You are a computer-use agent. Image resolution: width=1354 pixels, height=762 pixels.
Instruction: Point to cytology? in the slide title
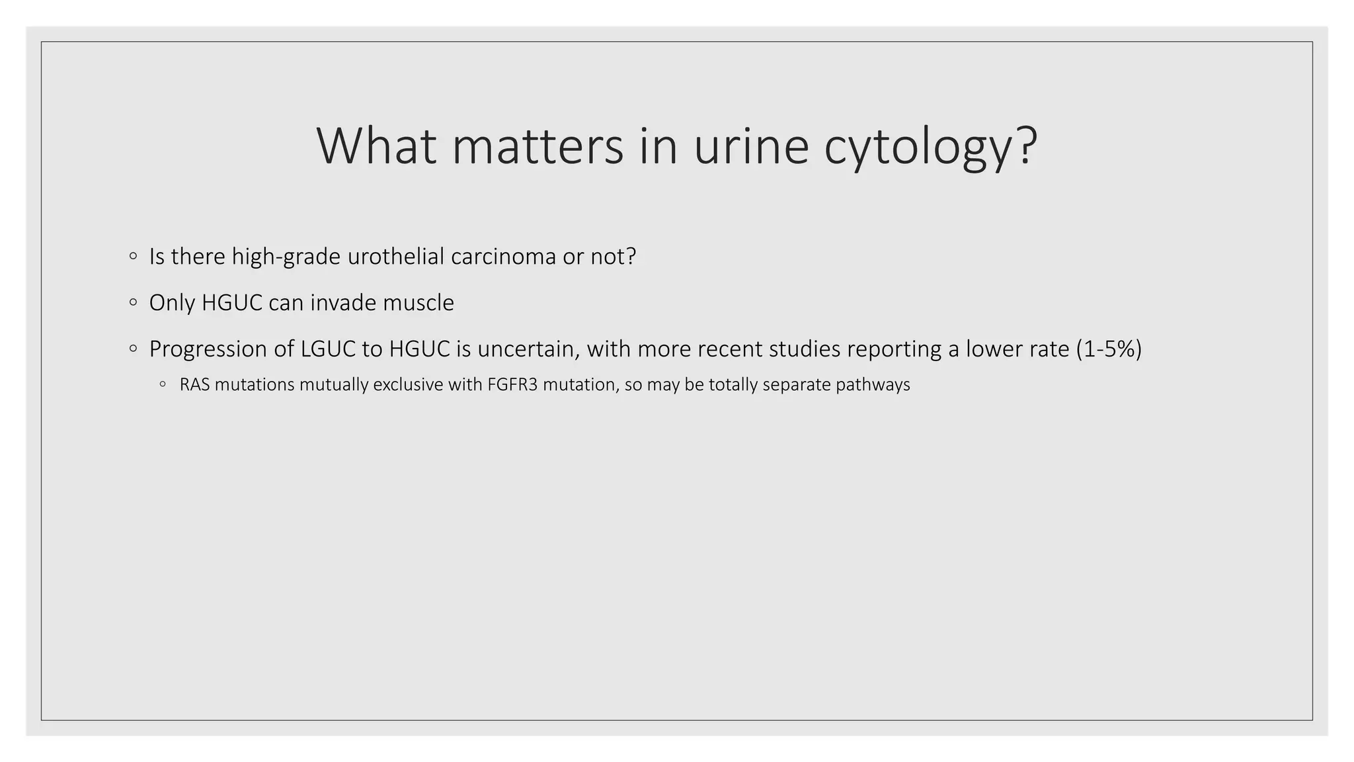[x=931, y=147]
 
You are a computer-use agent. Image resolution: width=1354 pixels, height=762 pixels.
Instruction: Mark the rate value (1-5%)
[x=1109, y=349]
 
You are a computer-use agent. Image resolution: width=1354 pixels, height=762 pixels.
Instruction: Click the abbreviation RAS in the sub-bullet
[x=194, y=384]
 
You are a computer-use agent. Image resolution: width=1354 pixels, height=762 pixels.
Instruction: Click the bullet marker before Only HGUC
[x=134, y=303]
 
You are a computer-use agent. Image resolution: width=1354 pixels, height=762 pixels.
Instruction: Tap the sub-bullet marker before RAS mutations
[x=163, y=384]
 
